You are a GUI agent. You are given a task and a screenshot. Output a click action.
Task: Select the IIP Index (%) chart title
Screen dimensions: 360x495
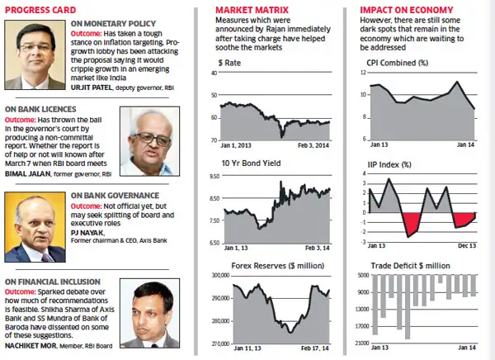(x=390, y=163)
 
